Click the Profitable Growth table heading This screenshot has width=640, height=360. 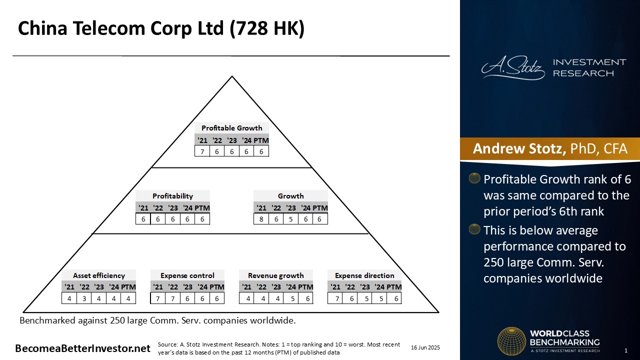(x=231, y=128)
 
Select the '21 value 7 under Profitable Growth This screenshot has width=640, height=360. (x=202, y=151)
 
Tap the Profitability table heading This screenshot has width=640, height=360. (x=172, y=196)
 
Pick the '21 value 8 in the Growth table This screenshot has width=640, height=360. (x=261, y=219)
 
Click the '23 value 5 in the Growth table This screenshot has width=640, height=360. (x=290, y=219)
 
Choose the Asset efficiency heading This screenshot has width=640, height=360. (x=99, y=275)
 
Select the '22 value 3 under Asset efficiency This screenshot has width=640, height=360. (x=84, y=298)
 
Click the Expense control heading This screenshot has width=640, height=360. (x=187, y=275)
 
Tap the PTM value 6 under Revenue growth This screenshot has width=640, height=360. (x=307, y=298)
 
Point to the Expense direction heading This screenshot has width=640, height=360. (x=364, y=275)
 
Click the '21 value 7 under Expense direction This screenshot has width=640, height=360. (x=337, y=298)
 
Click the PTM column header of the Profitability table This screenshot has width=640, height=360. (x=202, y=207)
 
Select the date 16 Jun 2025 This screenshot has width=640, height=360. (x=425, y=347)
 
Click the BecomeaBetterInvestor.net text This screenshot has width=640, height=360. (x=82, y=348)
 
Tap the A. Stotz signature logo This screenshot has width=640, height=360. (x=513, y=67)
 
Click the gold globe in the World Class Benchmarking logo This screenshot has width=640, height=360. (x=511, y=341)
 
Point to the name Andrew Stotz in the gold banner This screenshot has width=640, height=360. (x=519, y=148)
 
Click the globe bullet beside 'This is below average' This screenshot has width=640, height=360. (x=474, y=229)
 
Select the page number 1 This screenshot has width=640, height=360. (x=626, y=350)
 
